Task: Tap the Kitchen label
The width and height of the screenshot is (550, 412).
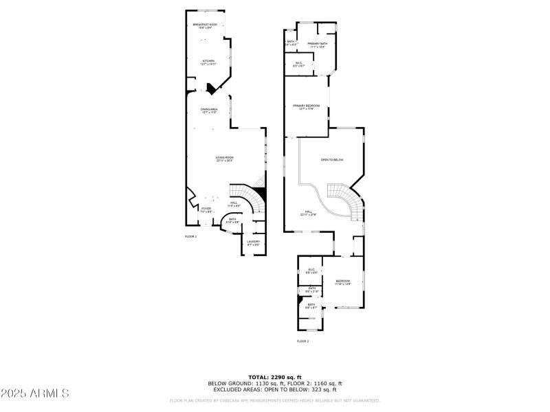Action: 208,62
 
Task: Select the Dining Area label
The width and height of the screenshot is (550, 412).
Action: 209,111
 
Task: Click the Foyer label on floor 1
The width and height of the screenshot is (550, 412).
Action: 206,209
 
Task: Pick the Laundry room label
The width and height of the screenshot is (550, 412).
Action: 253,242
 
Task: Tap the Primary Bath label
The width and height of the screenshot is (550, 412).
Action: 317,45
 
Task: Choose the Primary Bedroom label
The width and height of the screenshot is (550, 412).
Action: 307,106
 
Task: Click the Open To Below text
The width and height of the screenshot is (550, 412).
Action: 331,160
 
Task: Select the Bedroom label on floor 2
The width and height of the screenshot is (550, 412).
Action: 343,282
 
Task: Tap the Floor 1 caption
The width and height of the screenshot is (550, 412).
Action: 190,236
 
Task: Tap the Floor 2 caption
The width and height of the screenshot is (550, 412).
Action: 303,341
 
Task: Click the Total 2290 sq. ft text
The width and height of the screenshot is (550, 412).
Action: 275,377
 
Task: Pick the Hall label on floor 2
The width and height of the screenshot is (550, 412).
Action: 309,213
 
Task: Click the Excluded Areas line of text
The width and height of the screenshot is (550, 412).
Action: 275,389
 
